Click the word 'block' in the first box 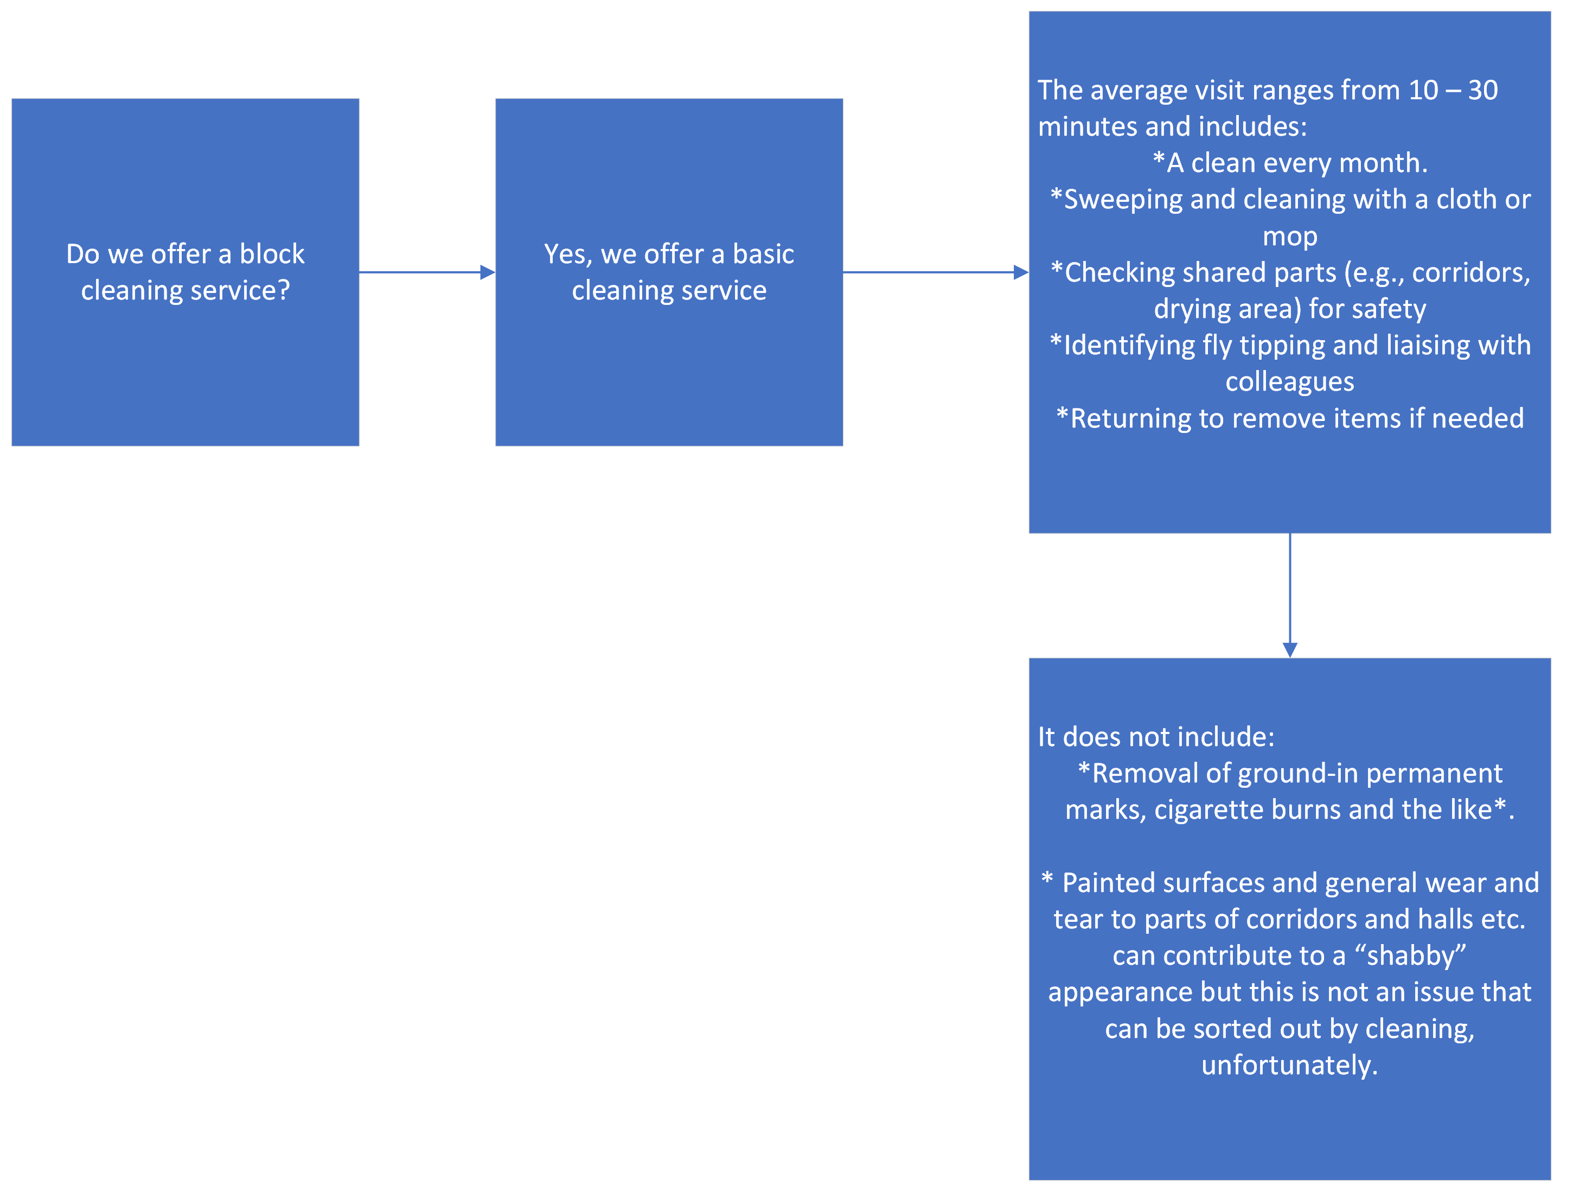pyautogui.click(x=272, y=254)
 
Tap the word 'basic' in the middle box pyautogui.click(x=763, y=254)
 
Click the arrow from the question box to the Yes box pyautogui.click(x=427, y=272)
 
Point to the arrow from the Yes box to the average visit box pyautogui.click(x=936, y=272)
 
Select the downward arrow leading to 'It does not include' pyautogui.click(x=1290, y=595)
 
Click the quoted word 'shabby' pyautogui.click(x=1411, y=956)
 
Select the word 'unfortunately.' pyautogui.click(x=1289, y=1066)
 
